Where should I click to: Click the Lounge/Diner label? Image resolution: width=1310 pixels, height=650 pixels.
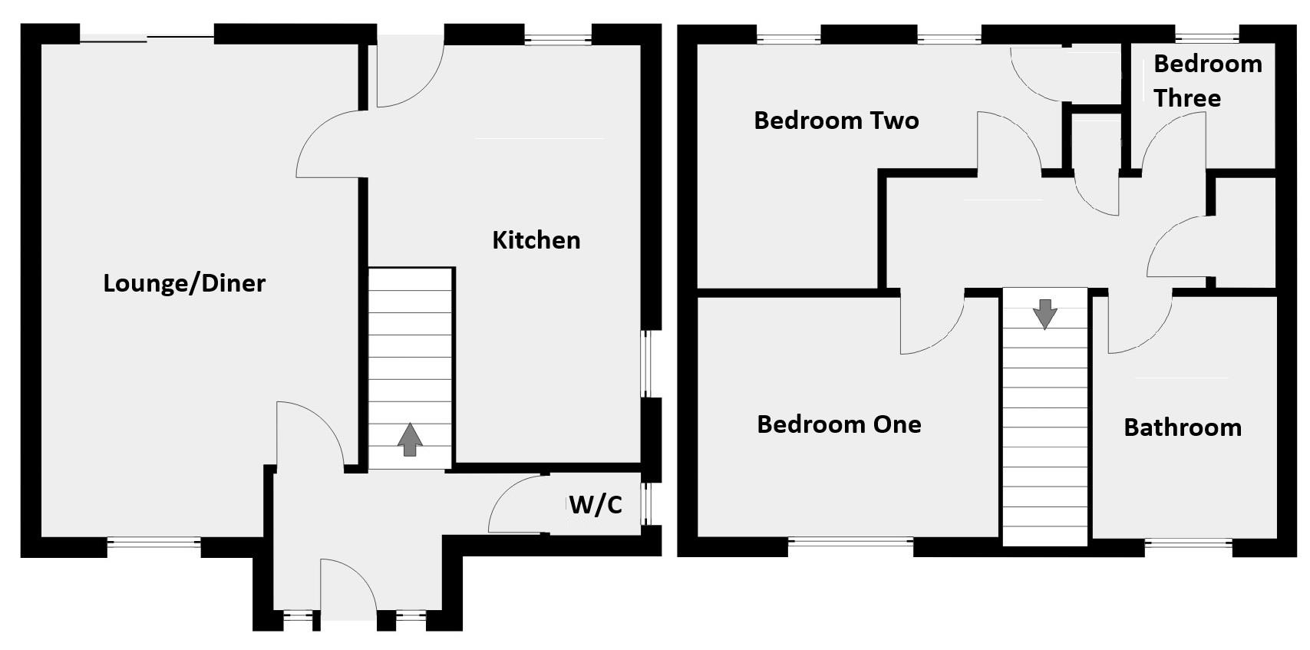click(184, 283)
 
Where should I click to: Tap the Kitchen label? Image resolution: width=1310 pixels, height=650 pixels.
click(536, 240)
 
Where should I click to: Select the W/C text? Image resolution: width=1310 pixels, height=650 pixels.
click(595, 505)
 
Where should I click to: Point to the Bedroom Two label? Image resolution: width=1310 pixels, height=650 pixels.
click(836, 120)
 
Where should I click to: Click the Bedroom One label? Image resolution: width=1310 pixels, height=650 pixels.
click(839, 424)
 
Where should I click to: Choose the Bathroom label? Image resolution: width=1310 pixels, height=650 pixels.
click(1182, 427)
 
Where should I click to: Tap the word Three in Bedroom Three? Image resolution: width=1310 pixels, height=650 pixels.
click(1187, 98)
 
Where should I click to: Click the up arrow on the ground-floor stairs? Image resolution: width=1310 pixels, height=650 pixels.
click(411, 439)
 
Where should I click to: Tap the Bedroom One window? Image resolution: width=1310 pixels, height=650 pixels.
click(850, 546)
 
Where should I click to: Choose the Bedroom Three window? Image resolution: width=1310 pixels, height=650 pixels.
click(1206, 35)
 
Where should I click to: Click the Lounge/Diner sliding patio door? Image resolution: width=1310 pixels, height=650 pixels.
click(147, 35)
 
